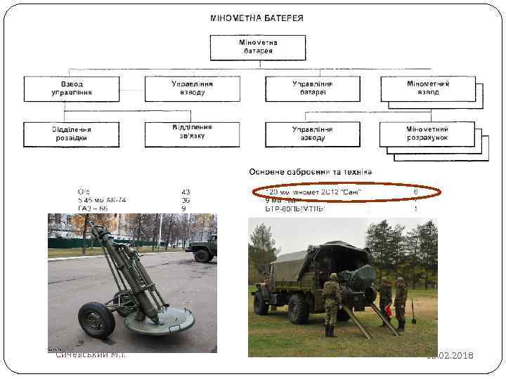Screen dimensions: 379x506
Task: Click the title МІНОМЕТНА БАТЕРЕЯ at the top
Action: [x=257, y=18]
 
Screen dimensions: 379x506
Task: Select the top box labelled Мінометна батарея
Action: [x=257, y=47]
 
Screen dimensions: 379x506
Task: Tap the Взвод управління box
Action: [x=67, y=88]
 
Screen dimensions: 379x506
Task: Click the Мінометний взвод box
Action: [x=428, y=88]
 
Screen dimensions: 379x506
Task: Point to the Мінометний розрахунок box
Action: [x=427, y=133]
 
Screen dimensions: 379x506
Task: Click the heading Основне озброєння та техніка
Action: [x=311, y=172]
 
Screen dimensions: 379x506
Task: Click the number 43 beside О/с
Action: [x=186, y=192]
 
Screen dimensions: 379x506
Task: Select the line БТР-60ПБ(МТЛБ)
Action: [x=295, y=208]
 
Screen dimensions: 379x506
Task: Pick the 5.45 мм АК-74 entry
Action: [x=103, y=200]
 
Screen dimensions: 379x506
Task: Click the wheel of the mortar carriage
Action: [x=96, y=320]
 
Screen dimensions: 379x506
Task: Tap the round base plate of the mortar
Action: [x=158, y=321]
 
